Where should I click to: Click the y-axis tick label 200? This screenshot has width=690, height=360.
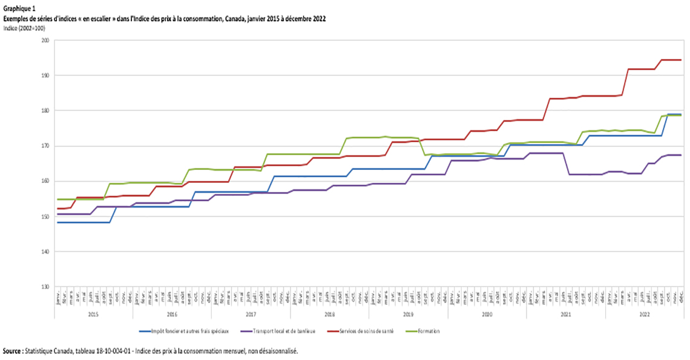tap(45, 41)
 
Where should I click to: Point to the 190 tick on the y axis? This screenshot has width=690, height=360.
tap(45, 76)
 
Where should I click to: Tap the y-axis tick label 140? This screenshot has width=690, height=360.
tap(45, 252)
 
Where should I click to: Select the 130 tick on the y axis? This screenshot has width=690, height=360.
tap(45, 287)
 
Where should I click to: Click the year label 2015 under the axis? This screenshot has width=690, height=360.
tap(93, 314)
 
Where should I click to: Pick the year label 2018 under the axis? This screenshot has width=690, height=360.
tap(329, 314)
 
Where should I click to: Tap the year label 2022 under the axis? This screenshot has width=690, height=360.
tap(644, 314)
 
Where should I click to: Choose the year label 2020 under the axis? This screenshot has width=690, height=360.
tap(487, 314)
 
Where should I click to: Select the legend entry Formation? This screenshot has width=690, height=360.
tap(429, 331)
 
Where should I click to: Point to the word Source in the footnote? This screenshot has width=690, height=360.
tap(14, 350)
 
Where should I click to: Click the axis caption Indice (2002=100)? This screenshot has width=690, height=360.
tap(24, 28)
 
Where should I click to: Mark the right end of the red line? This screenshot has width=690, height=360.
tap(681, 60)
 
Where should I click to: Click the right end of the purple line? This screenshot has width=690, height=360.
tap(681, 155)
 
